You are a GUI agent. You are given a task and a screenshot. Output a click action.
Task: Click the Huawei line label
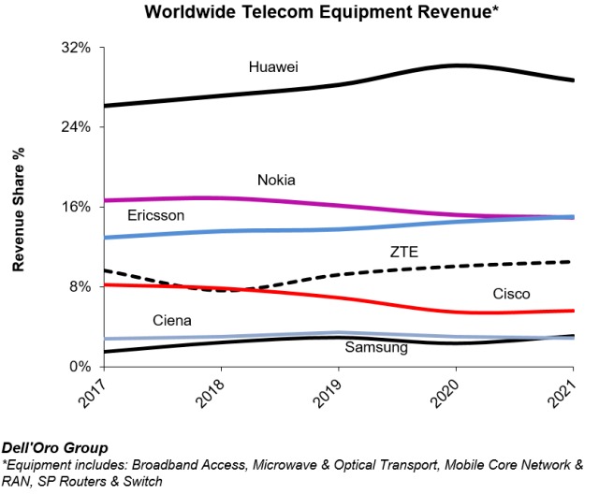point(273,66)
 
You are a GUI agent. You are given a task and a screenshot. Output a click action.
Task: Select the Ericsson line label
point(155,216)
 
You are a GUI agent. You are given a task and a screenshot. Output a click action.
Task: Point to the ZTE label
point(404,251)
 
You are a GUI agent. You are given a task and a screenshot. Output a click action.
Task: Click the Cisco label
point(511,294)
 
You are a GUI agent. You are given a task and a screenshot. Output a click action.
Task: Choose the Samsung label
point(376,348)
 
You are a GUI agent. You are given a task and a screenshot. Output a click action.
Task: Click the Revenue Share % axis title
point(18,208)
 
